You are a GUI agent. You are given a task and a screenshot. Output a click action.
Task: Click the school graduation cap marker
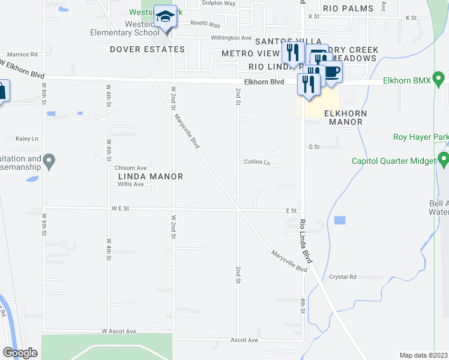164,16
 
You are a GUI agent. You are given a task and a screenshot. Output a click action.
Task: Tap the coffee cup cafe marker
332,73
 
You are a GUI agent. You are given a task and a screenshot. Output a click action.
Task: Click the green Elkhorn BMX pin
439,79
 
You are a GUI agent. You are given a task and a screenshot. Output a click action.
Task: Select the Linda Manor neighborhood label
149,176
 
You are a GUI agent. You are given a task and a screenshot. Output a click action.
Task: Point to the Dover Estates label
138,49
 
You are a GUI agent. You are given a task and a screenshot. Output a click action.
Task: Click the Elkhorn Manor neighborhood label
343,117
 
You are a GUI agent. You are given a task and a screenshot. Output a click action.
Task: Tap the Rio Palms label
348,8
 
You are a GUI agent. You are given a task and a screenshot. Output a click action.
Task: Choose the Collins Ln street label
258,162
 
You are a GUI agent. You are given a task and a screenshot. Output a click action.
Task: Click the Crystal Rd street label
343,277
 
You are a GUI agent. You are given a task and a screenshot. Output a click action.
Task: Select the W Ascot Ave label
119,331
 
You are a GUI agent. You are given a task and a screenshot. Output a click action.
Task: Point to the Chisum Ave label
131,168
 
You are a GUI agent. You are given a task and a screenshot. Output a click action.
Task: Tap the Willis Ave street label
130,184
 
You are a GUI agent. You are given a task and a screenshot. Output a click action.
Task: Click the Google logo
20,353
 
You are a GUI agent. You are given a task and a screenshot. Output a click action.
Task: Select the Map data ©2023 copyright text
423,355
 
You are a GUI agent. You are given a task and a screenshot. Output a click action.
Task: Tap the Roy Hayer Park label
420,137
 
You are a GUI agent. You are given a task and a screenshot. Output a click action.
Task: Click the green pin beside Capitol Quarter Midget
444,160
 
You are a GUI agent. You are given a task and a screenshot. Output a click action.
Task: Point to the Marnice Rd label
23,54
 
